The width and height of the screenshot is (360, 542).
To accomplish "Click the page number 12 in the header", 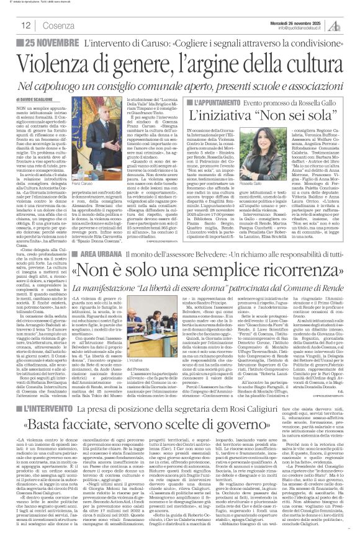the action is [26, 25].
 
